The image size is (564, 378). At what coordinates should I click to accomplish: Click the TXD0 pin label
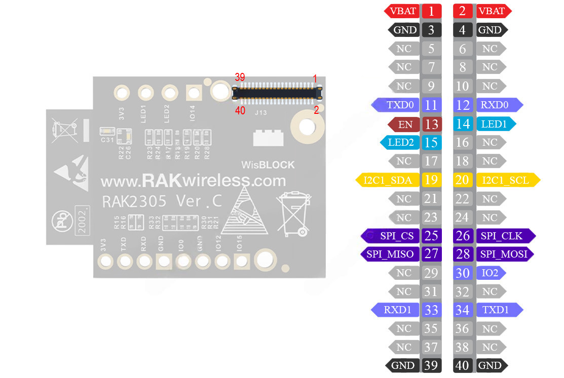pyautogui.click(x=400, y=105)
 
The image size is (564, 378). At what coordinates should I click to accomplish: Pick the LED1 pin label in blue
pyautogui.click(x=494, y=124)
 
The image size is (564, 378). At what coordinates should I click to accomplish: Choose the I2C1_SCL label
pyautogui.click(x=505, y=180)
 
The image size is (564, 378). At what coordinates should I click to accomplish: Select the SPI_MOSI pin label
pyautogui.click(x=504, y=254)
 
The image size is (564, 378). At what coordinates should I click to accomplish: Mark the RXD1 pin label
pyautogui.click(x=397, y=310)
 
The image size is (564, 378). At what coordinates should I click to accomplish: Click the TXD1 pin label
pyautogui.click(x=496, y=310)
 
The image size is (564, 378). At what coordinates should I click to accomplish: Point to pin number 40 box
pyautogui.click(x=463, y=365)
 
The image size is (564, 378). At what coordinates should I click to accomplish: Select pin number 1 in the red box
pyautogui.click(x=431, y=11)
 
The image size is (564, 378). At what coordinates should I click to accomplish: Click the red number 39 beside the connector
pyautogui.click(x=240, y=77)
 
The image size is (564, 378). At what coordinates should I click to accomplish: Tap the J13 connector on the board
pyautogui.click(x=278, y=92)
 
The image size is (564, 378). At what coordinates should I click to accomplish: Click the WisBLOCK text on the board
pyautogui.click(x=268, y=165)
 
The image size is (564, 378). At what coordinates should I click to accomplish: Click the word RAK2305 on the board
pyautogui.click(x=134, y=201)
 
